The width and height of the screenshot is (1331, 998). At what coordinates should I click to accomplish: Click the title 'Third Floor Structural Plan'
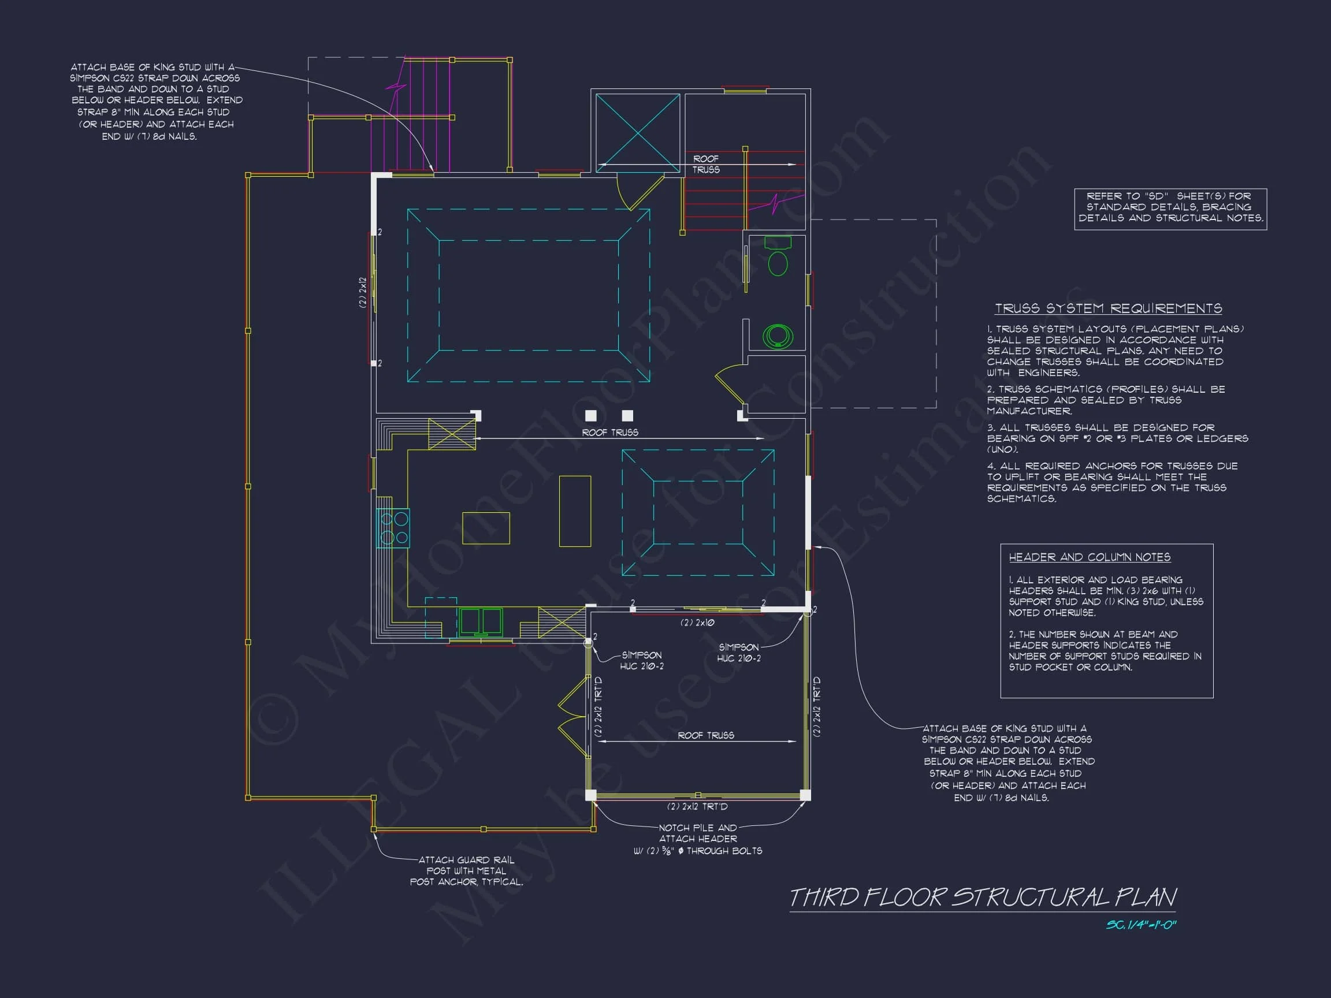983,898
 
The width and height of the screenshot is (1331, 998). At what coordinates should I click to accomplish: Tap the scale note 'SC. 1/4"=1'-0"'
1141,925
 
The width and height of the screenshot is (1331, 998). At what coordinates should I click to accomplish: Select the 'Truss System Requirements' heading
1108,308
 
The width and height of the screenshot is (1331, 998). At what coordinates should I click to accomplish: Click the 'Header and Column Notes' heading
1090,557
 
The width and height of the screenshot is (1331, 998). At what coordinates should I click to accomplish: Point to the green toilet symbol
778,256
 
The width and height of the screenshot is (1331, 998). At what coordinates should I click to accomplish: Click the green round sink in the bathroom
778,336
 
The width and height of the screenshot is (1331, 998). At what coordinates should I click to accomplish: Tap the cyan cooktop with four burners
393,527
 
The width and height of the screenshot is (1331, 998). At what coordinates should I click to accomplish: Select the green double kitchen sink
480,622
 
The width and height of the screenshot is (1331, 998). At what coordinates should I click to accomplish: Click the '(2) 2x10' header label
697,623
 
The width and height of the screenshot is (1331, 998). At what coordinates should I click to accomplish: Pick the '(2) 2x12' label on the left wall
363,292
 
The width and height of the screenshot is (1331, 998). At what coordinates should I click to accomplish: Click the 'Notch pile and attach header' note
698,839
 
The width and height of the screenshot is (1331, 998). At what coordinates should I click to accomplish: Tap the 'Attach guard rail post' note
466,871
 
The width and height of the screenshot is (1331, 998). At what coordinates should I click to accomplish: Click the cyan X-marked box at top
638,132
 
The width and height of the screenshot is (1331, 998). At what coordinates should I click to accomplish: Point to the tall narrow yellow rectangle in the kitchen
575,511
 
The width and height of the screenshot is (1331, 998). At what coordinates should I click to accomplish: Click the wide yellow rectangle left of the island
486,528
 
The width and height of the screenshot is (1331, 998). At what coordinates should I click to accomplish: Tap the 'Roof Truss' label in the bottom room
706,735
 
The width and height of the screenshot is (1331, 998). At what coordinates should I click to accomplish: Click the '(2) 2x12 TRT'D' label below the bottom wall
697,806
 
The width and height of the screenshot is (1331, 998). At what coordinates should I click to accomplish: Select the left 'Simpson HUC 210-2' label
642,661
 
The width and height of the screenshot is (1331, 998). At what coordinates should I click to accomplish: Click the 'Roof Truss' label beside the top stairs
706,164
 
